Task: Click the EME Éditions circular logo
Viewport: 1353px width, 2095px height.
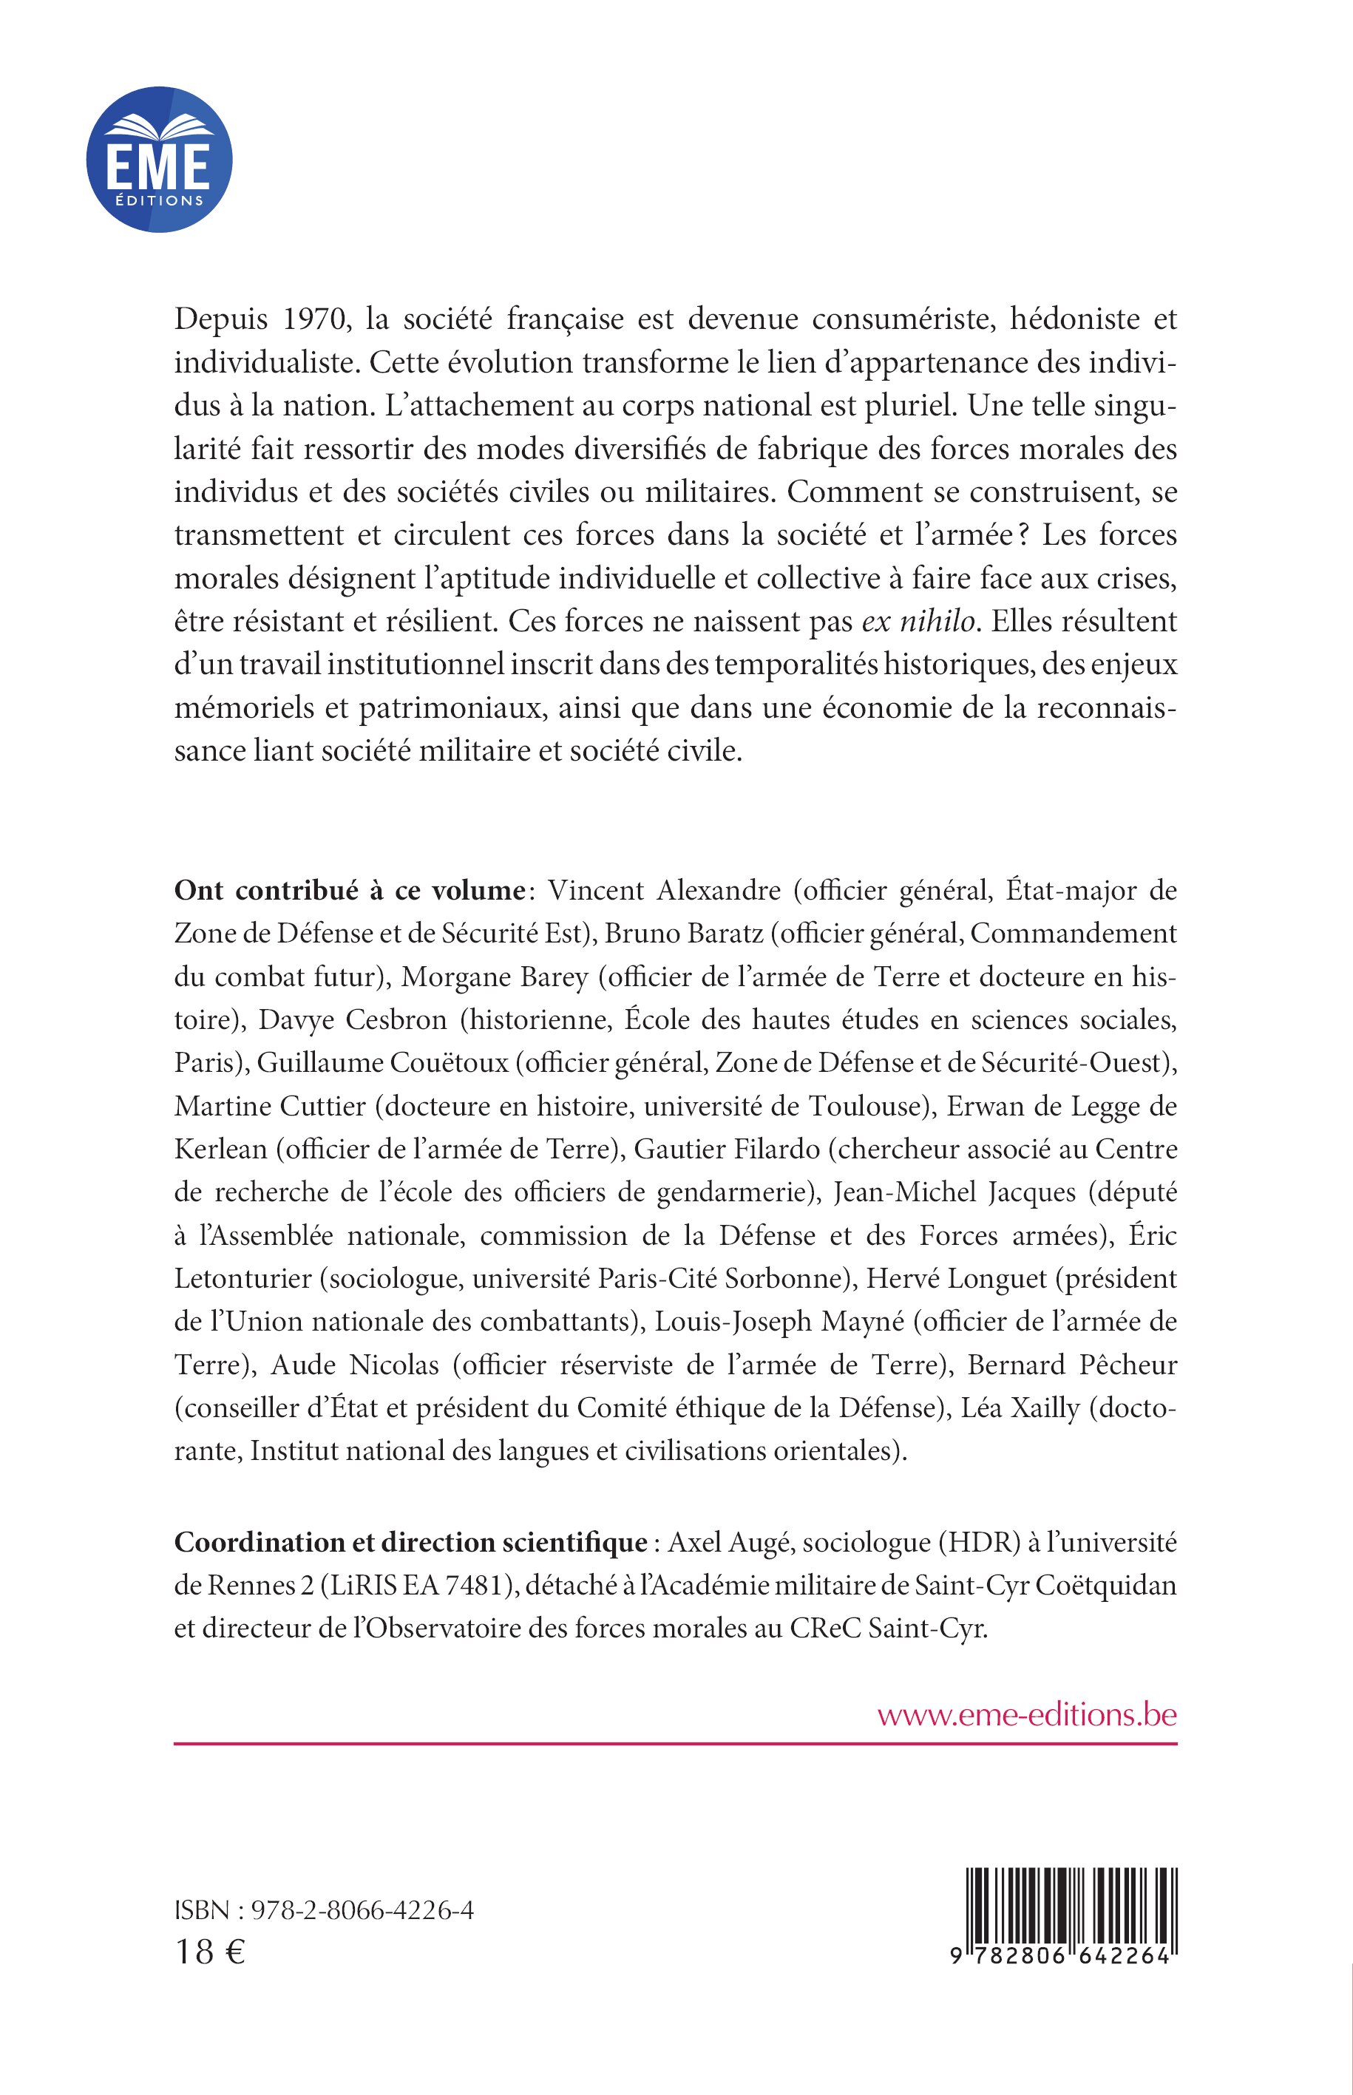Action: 159,159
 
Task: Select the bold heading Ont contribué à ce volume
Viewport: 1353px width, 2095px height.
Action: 349,891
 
